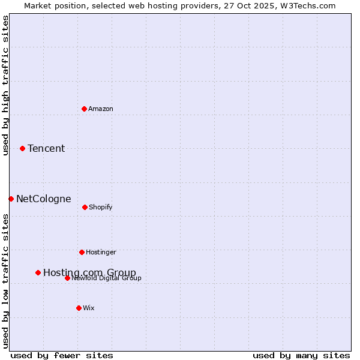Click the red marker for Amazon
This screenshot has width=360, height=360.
coord(84,109)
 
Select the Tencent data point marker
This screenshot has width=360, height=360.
coord(22,148)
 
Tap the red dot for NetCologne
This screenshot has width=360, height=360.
coord(11,199)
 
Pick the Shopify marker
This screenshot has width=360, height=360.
coord(85,207)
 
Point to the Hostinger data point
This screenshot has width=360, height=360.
coord(82,252)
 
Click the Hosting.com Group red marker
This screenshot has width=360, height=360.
coord(38,272)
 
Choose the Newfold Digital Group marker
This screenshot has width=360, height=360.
coord(67,278)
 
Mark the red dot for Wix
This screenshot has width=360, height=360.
coord(79,308)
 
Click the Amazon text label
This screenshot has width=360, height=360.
coord(101,109)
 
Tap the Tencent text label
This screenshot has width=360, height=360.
coord(46,148)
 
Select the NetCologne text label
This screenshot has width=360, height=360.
coord(44,199)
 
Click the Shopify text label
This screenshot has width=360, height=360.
coord(101,207)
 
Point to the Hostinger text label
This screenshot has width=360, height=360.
coord(101,252)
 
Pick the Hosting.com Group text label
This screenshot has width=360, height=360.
coord(89,272)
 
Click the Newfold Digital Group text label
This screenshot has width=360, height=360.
coord(107,278)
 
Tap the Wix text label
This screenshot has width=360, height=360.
coord(89,308)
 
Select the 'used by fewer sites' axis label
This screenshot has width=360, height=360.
coord(62,355)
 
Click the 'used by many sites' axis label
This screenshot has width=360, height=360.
coord(301,355)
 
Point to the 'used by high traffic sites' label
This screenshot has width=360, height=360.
coord(5,85)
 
